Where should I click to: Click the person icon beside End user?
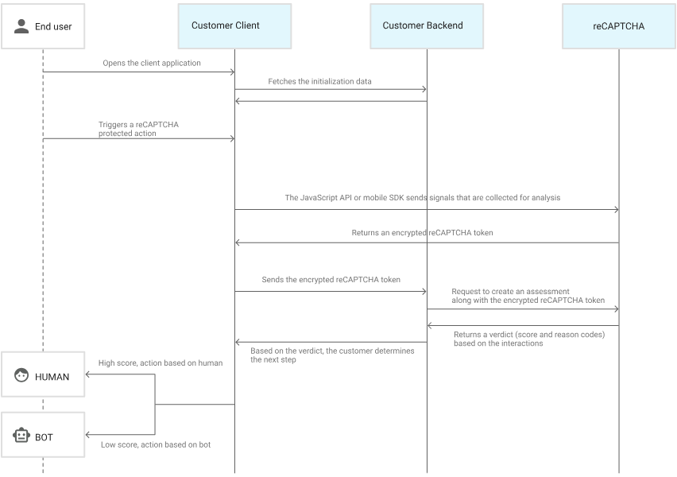21,26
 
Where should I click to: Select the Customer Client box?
235,26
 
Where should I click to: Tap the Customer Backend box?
427,26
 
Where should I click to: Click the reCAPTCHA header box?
619,26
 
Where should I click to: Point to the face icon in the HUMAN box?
21,375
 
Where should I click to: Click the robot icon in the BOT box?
21,436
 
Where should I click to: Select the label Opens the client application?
152,63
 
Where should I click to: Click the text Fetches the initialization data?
319,81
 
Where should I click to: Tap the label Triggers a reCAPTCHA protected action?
138,129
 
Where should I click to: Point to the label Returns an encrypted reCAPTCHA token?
422,233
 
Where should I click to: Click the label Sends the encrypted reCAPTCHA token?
331,280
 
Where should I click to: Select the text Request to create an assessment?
510,292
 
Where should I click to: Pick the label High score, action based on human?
161,363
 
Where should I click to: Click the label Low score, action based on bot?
156,444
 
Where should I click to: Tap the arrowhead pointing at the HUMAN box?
87,374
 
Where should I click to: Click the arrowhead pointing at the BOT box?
87,435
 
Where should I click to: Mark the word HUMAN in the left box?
52,377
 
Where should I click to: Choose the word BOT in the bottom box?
44,438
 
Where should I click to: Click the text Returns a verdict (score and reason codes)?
529,335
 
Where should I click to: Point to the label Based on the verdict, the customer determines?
332,351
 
